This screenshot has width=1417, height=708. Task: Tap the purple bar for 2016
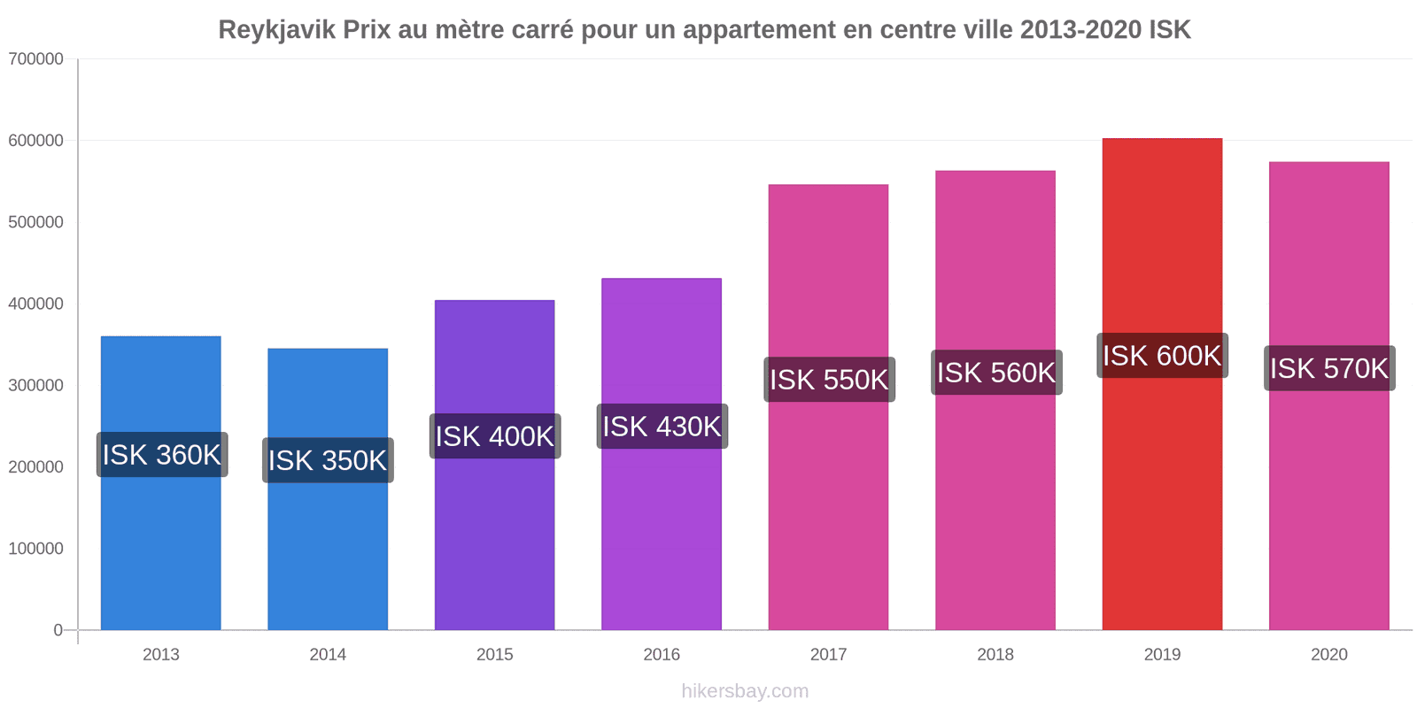pyautogui.click(x=662, y=531)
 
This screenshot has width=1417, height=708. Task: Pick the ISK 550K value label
pyautogui.click(x=829, y=380)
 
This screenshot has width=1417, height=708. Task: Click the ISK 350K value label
pyautogui.click(x=328, y=460)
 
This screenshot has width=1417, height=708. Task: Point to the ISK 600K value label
pyautogui.click(x=1162, y=356)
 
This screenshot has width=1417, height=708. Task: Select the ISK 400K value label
pyautogui.click(x=495, y=436)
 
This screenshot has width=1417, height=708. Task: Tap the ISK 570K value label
pyautogui.click(x=1329, y=368)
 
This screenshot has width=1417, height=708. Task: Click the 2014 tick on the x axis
pyautogui.click(x=328, y=655)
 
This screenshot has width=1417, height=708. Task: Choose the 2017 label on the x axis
pyautogui.click(x=828, y=655)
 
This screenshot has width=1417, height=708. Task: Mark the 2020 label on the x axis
pyautogui.click(x=1328, y=655)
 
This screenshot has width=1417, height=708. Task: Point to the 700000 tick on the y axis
pyautogui.click(x=36, y=59)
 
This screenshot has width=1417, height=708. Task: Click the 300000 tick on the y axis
pyautogui.click(x=36, y=386)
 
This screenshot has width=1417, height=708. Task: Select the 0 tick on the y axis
pyautogui.click(x=58, y=630)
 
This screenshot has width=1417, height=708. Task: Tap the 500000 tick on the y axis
pyautogui.click(x=36, y=222)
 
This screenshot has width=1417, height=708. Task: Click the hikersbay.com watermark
pyautogui.click(x=745, y=691)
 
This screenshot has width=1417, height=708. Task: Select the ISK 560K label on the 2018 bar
pyautogui.click(x=996, y=373)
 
